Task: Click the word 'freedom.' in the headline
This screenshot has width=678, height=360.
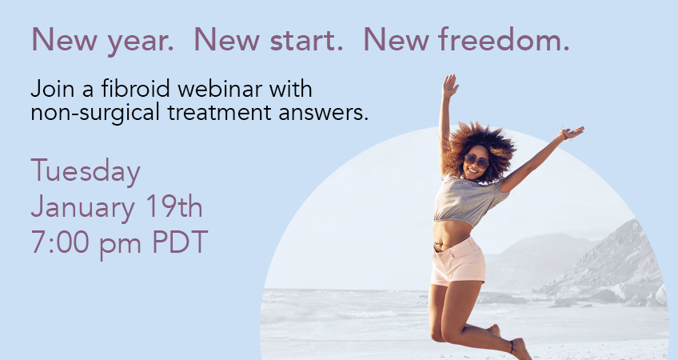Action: click(504, 39)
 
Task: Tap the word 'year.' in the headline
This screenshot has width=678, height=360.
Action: click(141, 42)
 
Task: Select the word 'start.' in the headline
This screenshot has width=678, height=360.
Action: click(306, 40)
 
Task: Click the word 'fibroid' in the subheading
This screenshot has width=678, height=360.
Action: click(135, 89)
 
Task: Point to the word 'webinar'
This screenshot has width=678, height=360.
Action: click(220, 89)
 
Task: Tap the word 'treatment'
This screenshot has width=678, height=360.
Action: click(219, 113)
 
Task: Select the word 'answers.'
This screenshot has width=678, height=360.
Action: click(324, 114)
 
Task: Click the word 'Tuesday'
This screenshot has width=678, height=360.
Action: click(86, 172)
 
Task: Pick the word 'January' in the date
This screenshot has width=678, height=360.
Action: click(82, 209)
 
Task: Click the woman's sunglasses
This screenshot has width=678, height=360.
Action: click(476, 161)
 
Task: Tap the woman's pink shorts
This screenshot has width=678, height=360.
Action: click(459, 262)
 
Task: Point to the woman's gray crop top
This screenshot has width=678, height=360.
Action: click(469, 200)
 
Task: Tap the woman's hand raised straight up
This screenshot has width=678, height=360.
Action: click(449, 86)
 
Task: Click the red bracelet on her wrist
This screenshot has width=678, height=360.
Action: click(564, 135)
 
